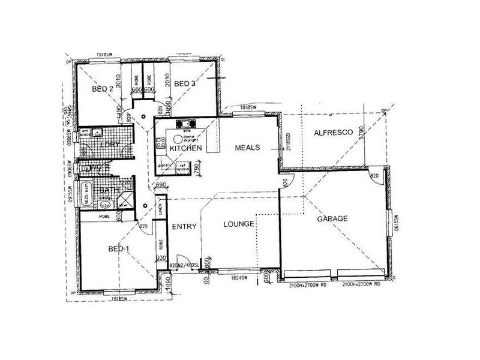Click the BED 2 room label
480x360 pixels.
(103, 89)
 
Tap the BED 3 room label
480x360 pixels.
(185, 83)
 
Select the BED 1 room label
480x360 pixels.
(119, 248)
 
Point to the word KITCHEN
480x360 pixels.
(184, 148)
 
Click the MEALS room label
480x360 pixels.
(247, 147)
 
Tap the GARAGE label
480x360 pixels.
(332, 219)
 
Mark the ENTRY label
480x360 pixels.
(181, 226)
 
